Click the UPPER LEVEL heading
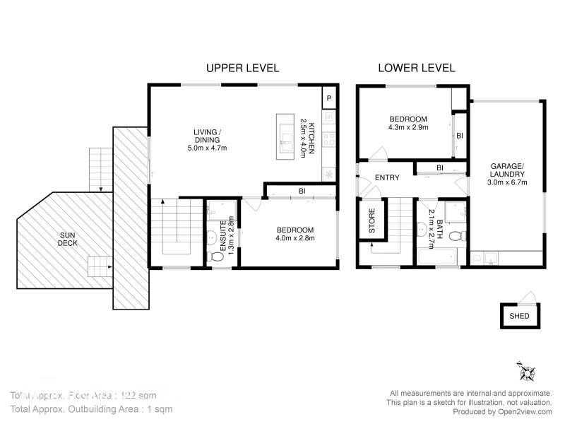[242, 68]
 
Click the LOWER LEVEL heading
[417, 68]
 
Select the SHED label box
[519, 316]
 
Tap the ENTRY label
[387, 177]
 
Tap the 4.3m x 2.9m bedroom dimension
[408, 128]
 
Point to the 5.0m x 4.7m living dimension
[207, 148]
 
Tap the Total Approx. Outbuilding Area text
[90, 409]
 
